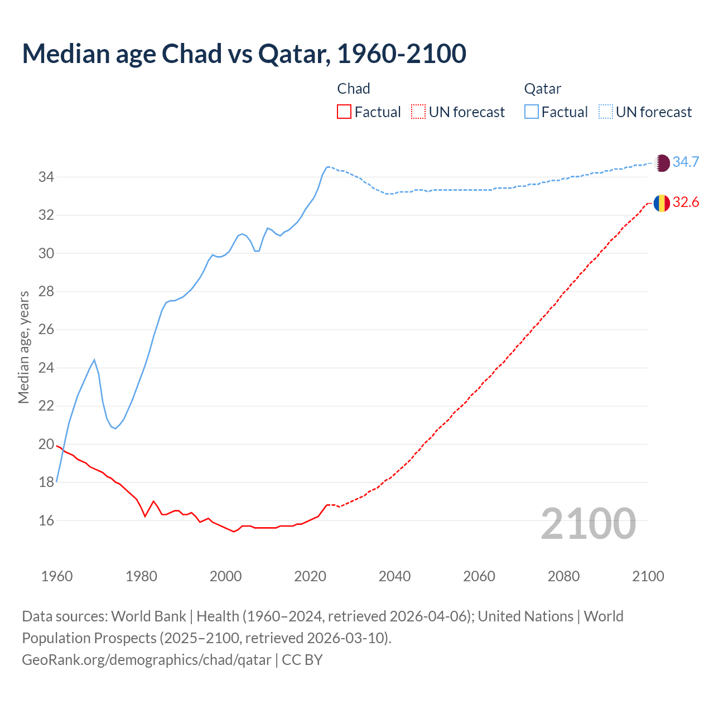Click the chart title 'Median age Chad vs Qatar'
tap(244, 54)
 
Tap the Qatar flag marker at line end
tap(662, 162)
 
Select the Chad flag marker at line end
tap(662, 203)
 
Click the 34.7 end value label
tap(686, 162)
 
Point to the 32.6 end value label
tap(686, 202)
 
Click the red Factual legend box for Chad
tap(344, 112)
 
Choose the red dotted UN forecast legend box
tap(418, 112)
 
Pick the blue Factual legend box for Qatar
tap(532, 112)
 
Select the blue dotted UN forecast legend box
tap(606, 112)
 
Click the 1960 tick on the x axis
tap(57, 576)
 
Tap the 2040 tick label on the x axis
tap(394, 576)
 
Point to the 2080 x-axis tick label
tap(563, 576)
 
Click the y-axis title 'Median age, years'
tap(23, 347)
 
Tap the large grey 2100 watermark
tap(588, 523)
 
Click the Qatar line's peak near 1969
tap(94, 360)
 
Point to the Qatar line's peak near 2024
tap(327, 167)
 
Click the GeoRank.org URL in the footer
tap(147, 660)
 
